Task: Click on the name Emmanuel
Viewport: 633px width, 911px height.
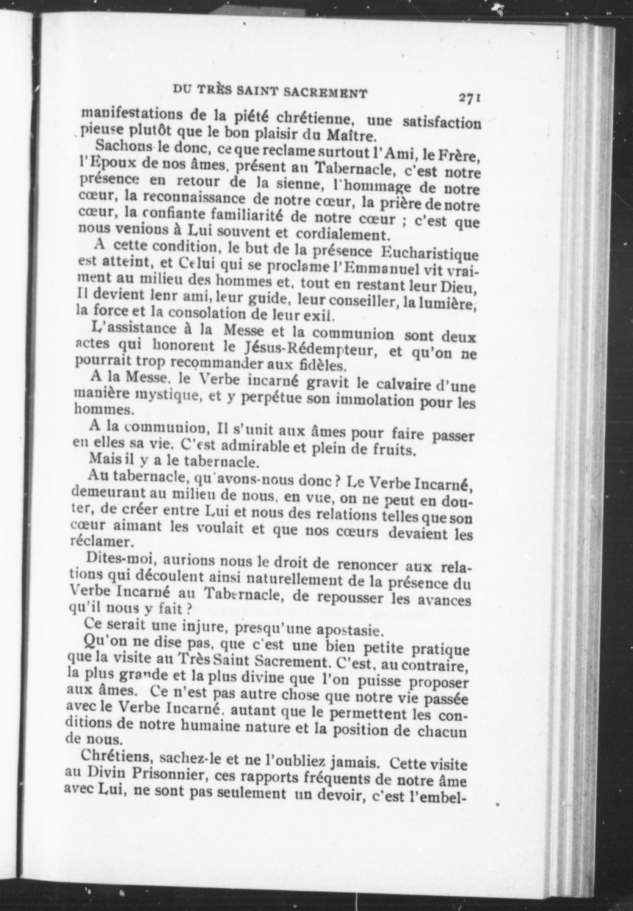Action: click(376, 270)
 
